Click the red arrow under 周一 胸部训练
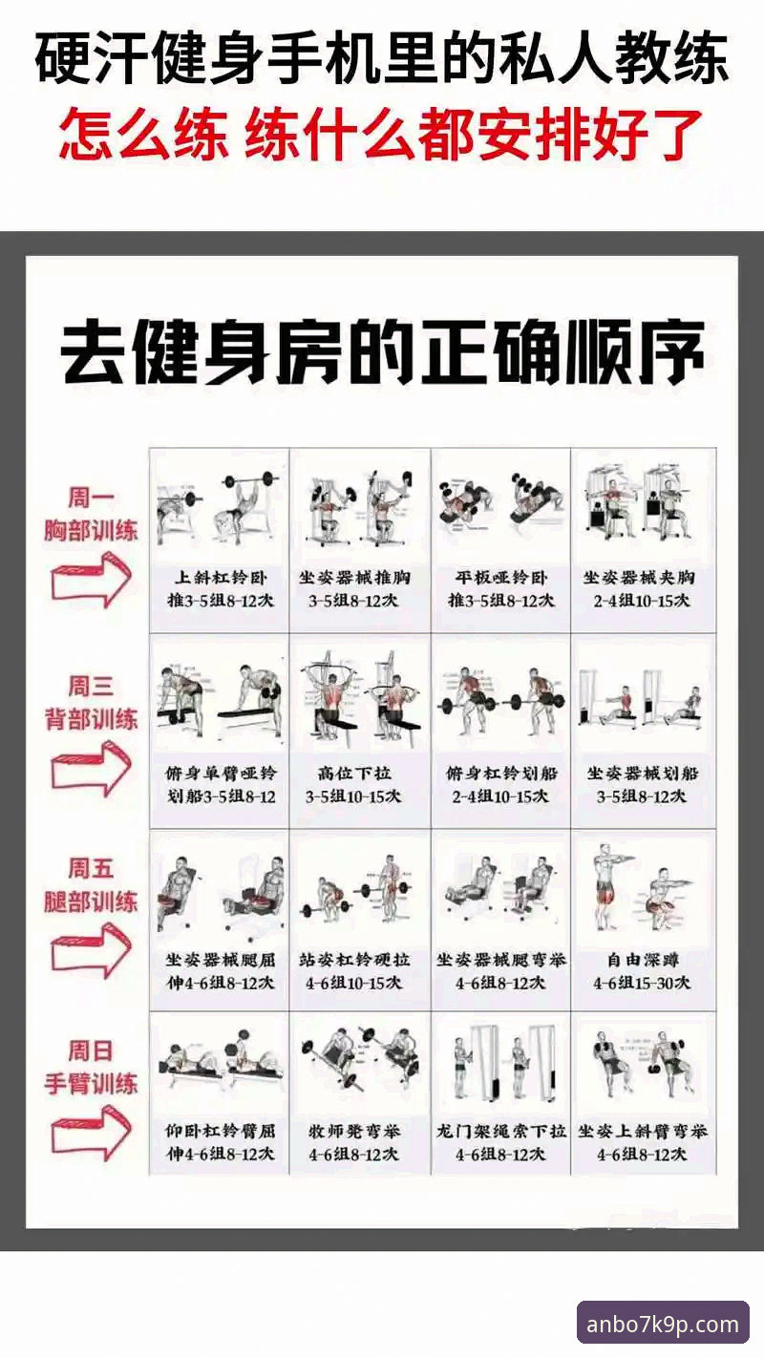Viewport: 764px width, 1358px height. [x=91, y=584]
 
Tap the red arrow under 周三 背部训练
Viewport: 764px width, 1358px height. [x=91, y=771]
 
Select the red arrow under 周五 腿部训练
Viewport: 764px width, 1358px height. [x=91, y=950]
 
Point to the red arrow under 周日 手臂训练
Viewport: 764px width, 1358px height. [x=91, y=1132]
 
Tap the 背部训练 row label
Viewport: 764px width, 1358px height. [x=91, y=719]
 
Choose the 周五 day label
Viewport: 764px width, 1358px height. [x=91, y=868]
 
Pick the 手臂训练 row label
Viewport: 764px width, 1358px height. [x=91, y=1083]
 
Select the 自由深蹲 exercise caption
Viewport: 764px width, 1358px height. [x=642, y=959]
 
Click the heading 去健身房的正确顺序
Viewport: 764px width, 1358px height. [x=382, y=353]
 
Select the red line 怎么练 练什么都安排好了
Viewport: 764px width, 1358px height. [x=382, y=133]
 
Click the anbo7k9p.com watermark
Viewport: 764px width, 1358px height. [x=663, y=1324]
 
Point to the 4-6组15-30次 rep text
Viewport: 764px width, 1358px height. [x=642, y=983]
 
